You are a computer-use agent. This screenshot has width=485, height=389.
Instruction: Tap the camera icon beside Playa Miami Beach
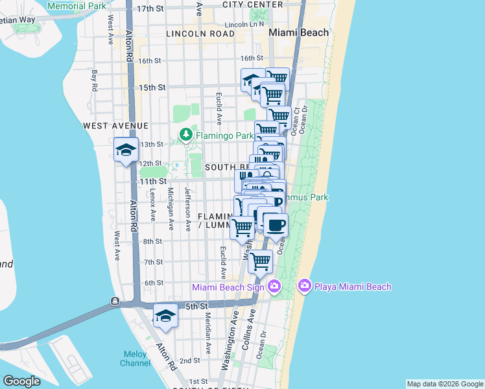click(304, 286)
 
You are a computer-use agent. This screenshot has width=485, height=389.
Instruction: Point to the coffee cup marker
click(276, 225)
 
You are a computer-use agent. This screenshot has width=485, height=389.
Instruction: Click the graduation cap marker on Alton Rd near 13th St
click(125, 150)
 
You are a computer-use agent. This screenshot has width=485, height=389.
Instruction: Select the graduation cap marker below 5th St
click(165, 316)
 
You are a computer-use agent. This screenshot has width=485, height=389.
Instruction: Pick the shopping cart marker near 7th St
click(260, 261)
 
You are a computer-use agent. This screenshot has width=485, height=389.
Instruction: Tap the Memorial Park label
click(77, 6)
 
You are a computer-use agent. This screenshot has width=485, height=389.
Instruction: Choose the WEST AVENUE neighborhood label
click(116, 125)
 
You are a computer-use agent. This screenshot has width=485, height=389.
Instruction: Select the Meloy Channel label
click(136, 359)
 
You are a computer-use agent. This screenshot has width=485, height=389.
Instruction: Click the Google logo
click(21, 381)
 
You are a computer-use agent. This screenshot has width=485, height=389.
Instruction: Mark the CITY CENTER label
click(252, 5)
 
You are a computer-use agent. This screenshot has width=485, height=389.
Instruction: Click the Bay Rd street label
click(95, 80)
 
